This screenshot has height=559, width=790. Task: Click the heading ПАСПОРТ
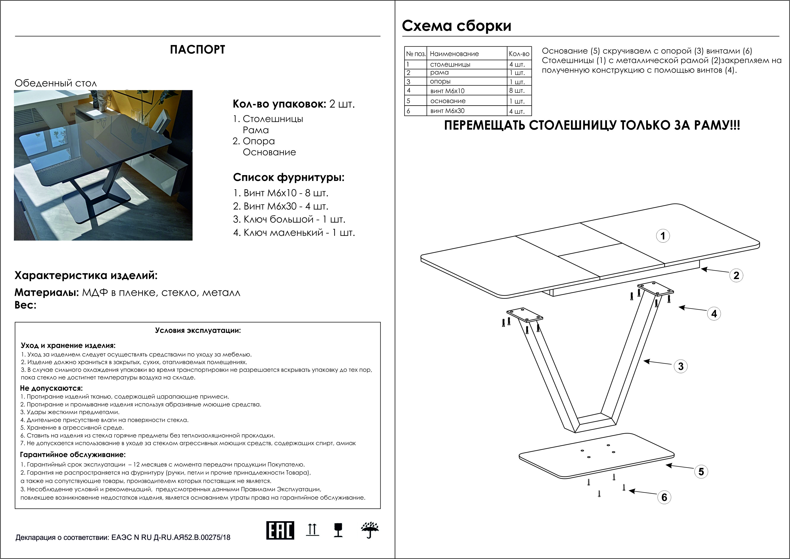point(197,50)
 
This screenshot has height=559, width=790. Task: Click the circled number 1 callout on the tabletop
point(663,236)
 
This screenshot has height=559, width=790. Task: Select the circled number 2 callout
point(736,275)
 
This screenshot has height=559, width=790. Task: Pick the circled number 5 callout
point(701,471)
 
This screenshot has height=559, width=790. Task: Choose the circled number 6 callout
point(664,497)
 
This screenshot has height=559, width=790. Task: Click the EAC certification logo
point(280,530)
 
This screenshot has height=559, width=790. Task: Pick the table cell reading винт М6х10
point(447,91)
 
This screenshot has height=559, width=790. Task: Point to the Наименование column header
point(454,54)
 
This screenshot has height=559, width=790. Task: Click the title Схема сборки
point(457,26)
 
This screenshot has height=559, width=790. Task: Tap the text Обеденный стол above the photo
point(56,83)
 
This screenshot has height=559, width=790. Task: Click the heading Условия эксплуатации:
point(198,330)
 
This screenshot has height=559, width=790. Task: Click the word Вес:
point(25,305)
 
